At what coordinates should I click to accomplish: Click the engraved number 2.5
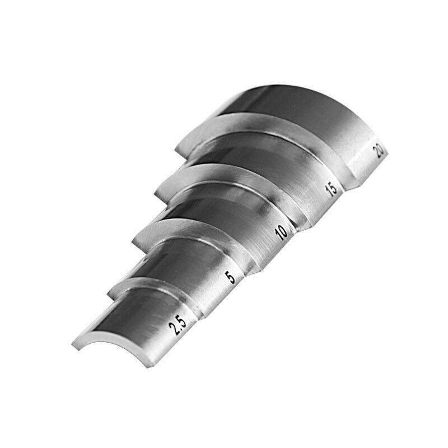coord(180,325)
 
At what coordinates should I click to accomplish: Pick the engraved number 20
coord(379,150)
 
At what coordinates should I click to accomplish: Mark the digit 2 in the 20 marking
coord(377,153)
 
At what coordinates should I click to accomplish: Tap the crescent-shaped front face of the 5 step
coord(134,284)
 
